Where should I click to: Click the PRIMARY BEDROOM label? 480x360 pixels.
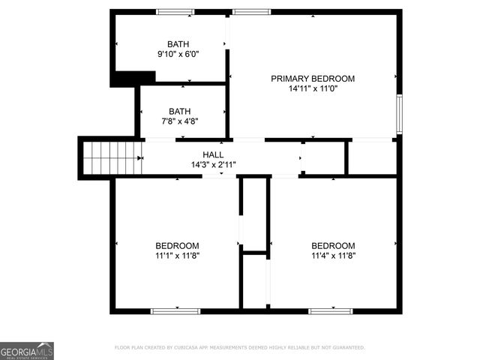[x=313, y=79]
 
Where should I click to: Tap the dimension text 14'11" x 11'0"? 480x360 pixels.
[x=313, y=88]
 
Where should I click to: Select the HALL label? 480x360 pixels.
[x=213, y=154]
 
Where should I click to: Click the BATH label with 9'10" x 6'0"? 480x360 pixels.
[x=178, y=44]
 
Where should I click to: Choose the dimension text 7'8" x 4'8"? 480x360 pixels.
[x=179, y=121]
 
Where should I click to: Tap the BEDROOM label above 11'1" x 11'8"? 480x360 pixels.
[x=177, y=246]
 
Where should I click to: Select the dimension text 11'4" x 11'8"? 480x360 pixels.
[x=333, y=256]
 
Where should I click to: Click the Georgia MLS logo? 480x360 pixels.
[x=27, y=350]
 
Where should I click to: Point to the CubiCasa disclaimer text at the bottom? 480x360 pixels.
[x=239, y=347]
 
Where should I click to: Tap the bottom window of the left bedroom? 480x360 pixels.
[x=175, y=310]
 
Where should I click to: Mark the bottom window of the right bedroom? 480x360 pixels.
[x=331, y=310]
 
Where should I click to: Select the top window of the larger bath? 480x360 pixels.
[x=175, y=12]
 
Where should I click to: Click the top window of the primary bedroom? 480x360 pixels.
[x=251, y=12]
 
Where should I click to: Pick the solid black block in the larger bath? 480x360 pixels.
[x=133, y=78]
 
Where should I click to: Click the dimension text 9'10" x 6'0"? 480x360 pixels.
[x=178, y=55]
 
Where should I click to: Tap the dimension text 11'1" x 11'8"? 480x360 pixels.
[x=177, y=256]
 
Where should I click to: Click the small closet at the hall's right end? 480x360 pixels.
[x=370, y=157]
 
